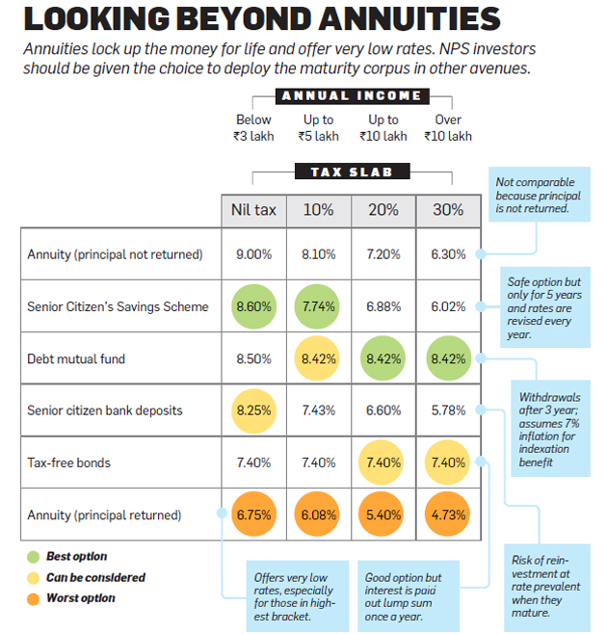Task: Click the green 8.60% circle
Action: (253, 306)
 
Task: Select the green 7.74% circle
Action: (318, 306)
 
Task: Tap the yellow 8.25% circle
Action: (253, 410)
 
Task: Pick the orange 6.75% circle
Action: (253, 515)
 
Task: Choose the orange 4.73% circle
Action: (448, 515)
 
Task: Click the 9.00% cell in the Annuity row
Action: (253, 254)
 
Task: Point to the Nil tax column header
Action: (253, 210)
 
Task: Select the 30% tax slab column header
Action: (448, 210)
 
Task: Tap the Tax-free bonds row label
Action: (68, 462)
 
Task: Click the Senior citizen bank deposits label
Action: (105, 410)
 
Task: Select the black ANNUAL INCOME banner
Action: (352, 95)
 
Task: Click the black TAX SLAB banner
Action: (352, 172)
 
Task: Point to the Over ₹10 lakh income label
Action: (448, 127)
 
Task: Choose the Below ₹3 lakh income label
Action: (253, 127)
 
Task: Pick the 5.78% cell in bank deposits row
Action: (448, 410)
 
